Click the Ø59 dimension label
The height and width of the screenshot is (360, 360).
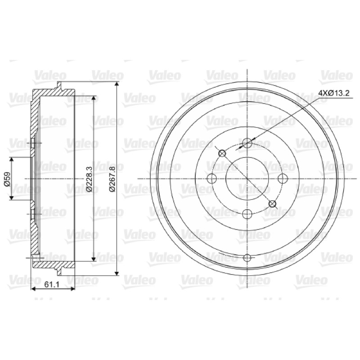(x=7, y=179)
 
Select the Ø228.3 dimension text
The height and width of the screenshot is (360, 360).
(x=89, y=179)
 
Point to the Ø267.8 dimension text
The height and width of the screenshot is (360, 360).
(x=112, y=179)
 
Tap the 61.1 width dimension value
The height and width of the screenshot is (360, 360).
(x=52, y=284)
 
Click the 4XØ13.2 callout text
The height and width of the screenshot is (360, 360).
(x=334, y=93)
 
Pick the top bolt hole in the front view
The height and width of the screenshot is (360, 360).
(x=247, y=143)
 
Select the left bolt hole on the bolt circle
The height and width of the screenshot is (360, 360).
(x=211, y=178)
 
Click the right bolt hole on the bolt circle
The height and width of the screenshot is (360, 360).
(x=283, y=178)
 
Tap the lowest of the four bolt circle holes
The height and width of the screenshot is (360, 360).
(x=247, y=214)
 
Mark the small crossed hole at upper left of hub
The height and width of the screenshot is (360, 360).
(x=222, y=153)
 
